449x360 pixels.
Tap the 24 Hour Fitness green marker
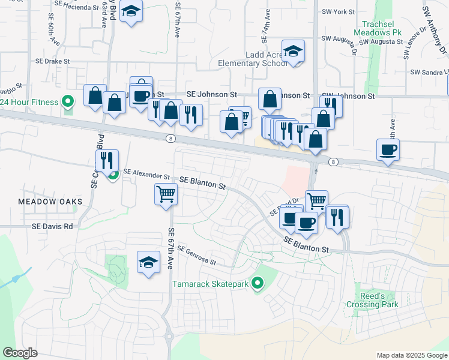pos(67,102)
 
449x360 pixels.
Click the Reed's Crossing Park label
pos(372,300)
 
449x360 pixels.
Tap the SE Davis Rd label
pos(52,227)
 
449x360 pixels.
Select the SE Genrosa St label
pos(196,256)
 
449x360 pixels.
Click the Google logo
pos(20,353)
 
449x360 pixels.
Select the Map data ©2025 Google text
pos(412,355)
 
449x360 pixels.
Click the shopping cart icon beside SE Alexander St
pos(166,193)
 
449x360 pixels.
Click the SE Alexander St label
pos(146,173)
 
